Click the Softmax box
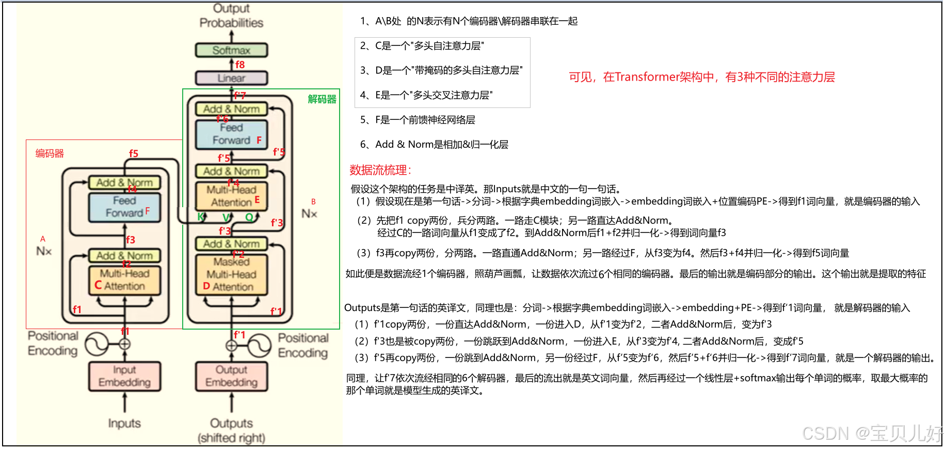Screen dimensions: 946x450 click(x=231, y=50)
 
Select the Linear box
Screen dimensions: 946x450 click(x=231, y=78)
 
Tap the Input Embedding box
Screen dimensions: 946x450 click(x=124, y=376)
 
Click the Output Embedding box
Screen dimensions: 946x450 click(x=231, y=376)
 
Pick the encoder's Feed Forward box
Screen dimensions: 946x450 click(x=124, y=207)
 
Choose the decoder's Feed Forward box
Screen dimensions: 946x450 click(x=231, y=134)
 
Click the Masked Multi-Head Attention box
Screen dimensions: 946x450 click(x=231, y=274)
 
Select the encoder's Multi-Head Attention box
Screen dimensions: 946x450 click(x=124, y=280)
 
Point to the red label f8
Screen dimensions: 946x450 click(x=240, y=65)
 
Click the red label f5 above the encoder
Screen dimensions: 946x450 click(x=134, y=153)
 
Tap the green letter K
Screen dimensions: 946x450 click(x=201, y=217)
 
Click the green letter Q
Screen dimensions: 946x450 click(x=249, y=217)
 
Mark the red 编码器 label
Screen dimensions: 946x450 click(x=50, y=153)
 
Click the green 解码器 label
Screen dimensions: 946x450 click(x=322, y=99)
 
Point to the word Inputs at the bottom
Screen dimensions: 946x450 click(x=124, y=423)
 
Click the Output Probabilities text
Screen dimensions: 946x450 click(x=231, y=15)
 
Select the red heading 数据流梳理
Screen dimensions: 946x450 click(x=380, y=170)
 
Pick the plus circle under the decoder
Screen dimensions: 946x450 click(x=232, y=345)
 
